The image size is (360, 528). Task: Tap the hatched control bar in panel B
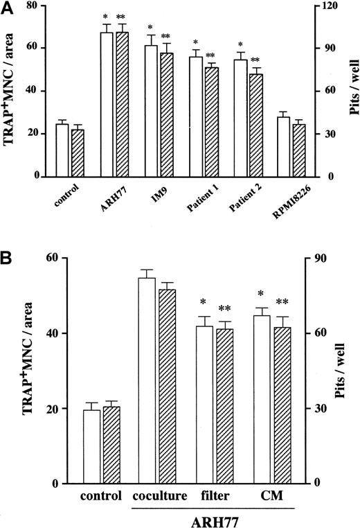click(111, 443)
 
